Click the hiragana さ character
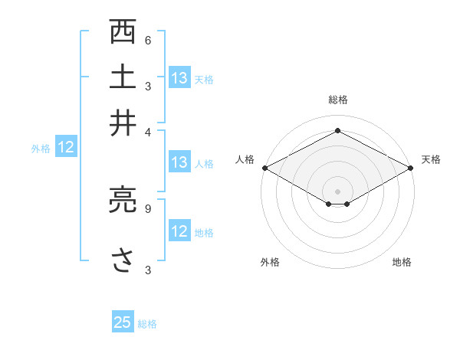pos(123,260)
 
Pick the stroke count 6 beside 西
pos(148,41)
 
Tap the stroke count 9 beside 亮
pos(148,208)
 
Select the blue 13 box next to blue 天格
pos(179,78)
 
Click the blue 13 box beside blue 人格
pos(179,162)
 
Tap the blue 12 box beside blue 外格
pos(66,148)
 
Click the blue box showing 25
pos(123,322)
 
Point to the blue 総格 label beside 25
pos(147,324)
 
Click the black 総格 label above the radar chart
pos(338,100)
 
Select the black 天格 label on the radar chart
pos(431,159)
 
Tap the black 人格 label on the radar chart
pos(245,159)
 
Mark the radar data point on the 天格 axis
pos(412,168)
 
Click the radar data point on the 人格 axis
pos(264,168)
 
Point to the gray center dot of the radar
pos(338,190)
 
